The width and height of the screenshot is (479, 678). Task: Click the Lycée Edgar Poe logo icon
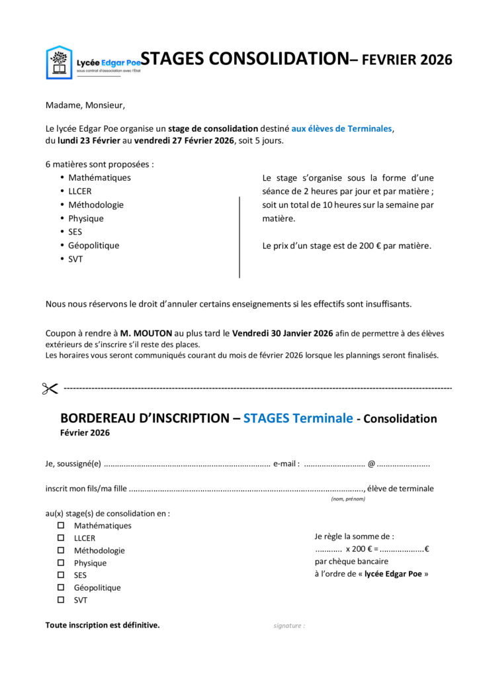58,62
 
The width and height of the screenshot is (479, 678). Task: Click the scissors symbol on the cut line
50,389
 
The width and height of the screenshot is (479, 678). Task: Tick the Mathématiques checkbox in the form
61,526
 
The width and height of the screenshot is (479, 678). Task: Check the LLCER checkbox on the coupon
61,538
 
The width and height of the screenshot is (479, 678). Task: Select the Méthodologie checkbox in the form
61,550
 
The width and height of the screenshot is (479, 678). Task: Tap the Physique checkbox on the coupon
61,563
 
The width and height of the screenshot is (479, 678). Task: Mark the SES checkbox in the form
61,575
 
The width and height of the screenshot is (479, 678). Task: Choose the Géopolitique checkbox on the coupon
61,587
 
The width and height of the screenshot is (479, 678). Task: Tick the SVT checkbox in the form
61,600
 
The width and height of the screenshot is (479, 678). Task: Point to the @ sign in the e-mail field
371,464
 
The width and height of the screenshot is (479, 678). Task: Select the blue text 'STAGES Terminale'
298,418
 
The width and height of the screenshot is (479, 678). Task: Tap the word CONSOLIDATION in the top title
277,59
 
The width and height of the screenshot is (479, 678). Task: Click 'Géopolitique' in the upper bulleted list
93,246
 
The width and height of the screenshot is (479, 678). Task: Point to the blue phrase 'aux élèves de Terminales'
342,128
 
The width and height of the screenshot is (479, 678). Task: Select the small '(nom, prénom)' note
348,499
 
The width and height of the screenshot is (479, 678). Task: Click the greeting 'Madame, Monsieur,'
85,105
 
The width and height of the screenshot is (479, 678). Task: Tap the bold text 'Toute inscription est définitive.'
103,625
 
